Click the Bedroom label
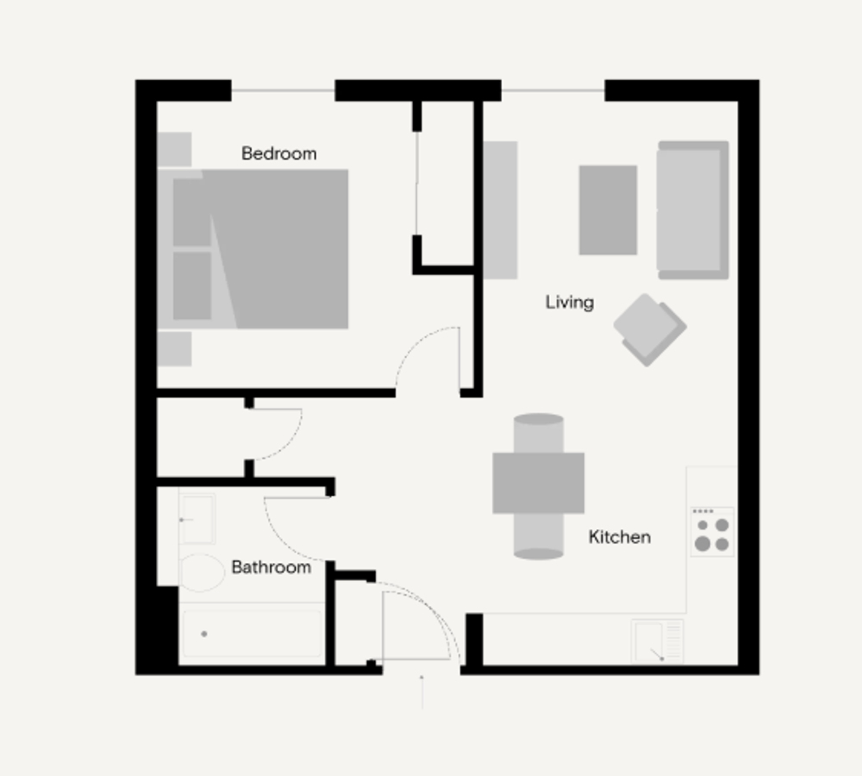278,153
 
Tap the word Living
570,303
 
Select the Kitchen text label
620,537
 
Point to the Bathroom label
271,567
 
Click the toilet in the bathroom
201,573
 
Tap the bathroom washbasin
197,519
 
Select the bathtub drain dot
204,634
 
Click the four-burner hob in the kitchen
712,532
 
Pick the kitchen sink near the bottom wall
657,641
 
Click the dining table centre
538,484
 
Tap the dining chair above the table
538,434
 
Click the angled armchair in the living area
650,329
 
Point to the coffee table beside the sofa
608,210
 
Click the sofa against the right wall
693,210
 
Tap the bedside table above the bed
174,149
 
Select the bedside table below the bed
174,348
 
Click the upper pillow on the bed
192,212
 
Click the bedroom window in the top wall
283,91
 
